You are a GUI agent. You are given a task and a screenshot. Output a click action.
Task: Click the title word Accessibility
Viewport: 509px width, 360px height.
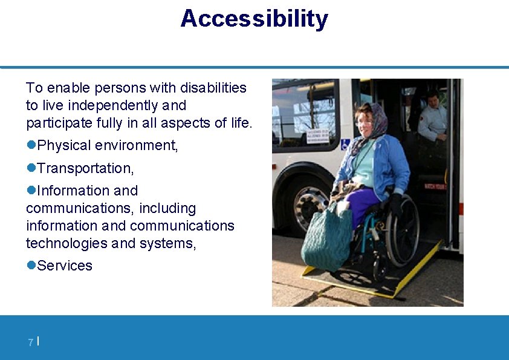[x=254, y=19]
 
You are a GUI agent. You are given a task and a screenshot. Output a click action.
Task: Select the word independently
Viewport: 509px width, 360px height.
[x=114, y=105]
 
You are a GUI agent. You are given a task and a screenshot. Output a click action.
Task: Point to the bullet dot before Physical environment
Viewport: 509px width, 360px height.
[x=31, y=145]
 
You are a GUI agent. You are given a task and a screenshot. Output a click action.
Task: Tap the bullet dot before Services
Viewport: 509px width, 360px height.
[x=31, y=266]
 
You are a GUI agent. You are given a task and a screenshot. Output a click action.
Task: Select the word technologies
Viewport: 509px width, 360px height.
[x=66, y=243]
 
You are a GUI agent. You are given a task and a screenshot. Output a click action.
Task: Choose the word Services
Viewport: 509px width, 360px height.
[x=65, y=266]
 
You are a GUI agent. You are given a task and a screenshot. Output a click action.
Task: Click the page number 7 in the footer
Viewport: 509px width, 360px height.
[x=30, y=343]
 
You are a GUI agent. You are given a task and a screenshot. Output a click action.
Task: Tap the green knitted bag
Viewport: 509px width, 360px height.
[x=326, y=235]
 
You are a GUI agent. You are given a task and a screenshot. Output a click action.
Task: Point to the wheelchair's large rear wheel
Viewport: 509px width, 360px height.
[x=401, y=231]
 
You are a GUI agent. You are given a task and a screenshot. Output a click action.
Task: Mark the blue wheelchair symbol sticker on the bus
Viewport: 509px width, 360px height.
[x=345, y=144]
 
